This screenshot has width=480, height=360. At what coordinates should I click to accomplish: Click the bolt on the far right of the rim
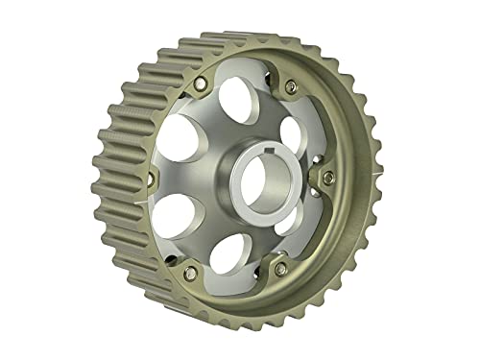pyautogui.click(x=329, y=176)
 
